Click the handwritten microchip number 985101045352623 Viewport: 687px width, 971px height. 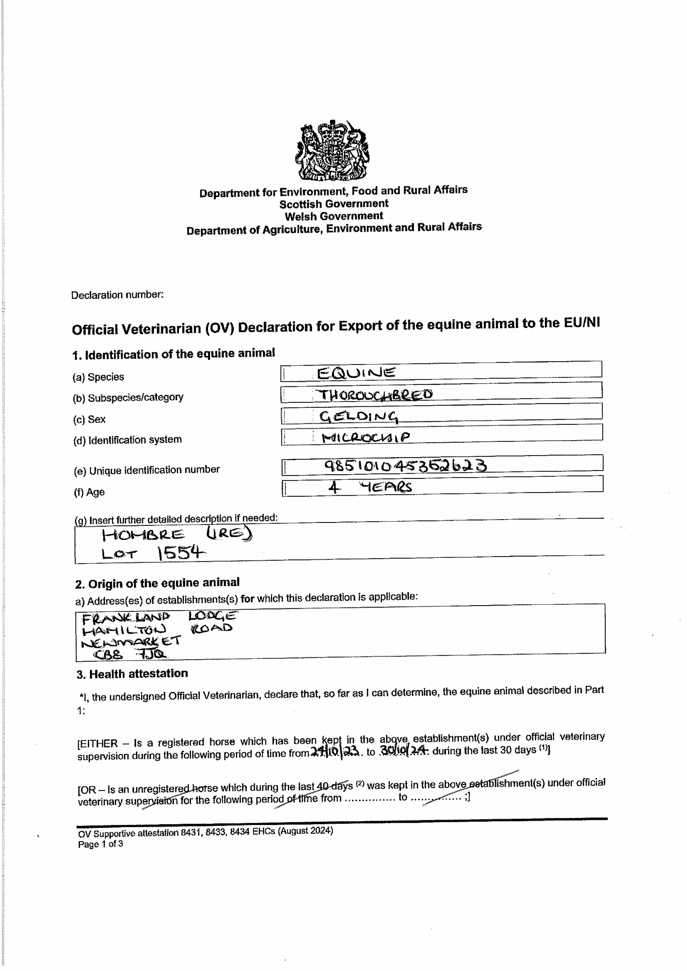click(x=405, y=466)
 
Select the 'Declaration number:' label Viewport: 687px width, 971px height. click(x=117, y=295)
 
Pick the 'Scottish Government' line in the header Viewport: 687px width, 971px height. click(x=333, y=204)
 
